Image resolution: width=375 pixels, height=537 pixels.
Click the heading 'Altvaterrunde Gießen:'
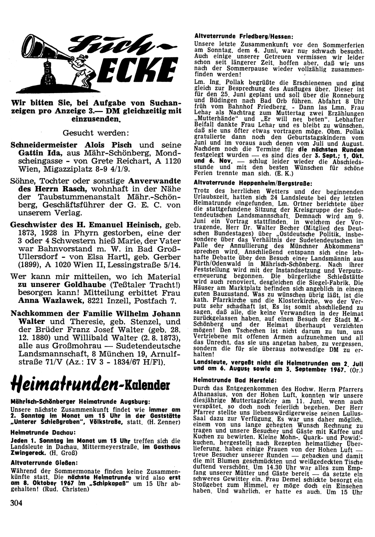coord(44,462)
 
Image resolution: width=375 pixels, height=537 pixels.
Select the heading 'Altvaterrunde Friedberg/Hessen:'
coord(243,36)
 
